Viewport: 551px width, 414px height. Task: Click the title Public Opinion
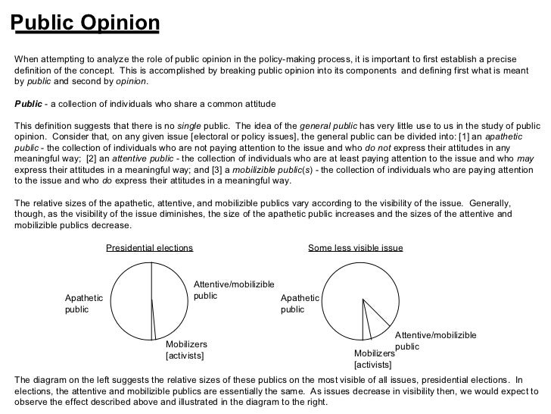[86, 24]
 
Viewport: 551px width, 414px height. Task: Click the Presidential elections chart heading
[149, 248]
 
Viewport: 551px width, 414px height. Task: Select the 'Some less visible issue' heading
[356, 248]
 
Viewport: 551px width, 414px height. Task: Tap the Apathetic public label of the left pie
[83, 303]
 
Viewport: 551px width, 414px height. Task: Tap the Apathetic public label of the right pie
[299, 303]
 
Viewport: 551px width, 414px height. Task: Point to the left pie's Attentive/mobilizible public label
[233, 290]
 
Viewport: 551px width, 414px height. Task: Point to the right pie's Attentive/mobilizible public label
[435, 341]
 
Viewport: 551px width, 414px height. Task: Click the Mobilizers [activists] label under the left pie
[186, 350]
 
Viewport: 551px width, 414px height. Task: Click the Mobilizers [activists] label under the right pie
[374, 359]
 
